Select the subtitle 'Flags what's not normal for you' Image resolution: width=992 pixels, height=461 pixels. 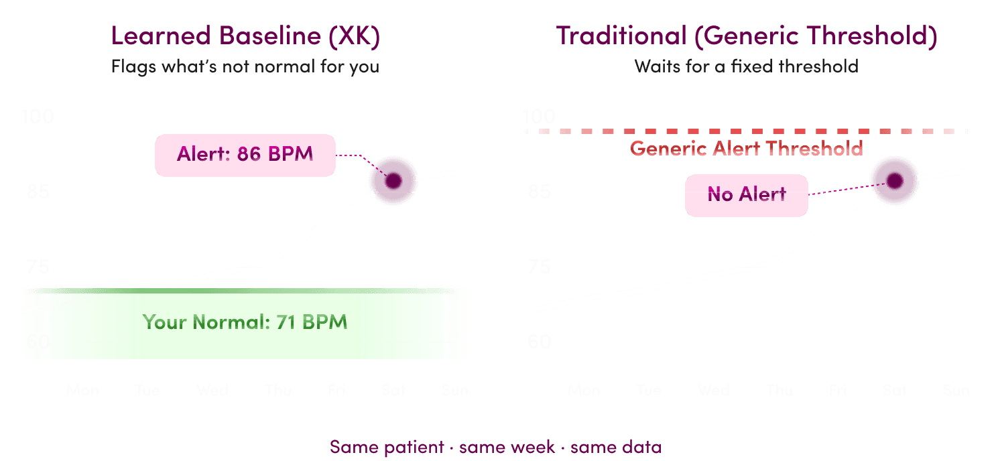pyautogui.click(x=245, y=67)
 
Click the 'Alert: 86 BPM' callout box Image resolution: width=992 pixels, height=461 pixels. pyautogui.click(x=245, y=155)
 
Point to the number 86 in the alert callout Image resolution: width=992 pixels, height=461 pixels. pyautogui.click(x=249, y=154)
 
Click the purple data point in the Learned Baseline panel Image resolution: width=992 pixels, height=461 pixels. pyautogui.click(x=393, y=181)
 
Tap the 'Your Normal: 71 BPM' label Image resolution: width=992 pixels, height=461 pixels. pyautogui.click(x=245, y=322)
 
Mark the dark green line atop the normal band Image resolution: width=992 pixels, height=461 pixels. pyautogui.click(x=245, y=291)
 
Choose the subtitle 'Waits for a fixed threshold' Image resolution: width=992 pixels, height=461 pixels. pyautogui.click(x=746, y=67)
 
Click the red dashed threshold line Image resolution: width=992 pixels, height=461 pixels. pyautogui.click(x=746, y=131)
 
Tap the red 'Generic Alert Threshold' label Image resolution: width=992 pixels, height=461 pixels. pyautogui.click(x=746, y=149)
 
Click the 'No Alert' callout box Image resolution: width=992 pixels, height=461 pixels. pyautogui.click(x=746, y=195)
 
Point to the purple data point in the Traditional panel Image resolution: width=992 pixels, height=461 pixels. pyautogui.click(x=894, y=180)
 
